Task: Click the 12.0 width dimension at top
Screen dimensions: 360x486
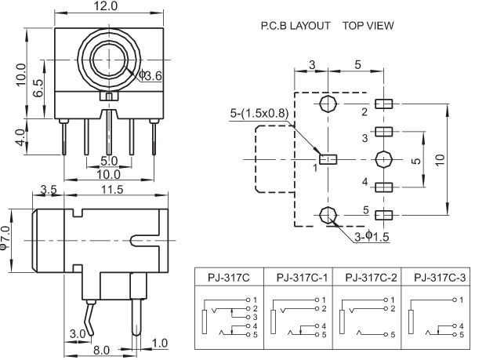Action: click(106, 6)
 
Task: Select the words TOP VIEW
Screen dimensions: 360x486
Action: click(368, 26)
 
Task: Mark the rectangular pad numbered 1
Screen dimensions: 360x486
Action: click(330, 159)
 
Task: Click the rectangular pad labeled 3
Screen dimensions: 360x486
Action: click(383, 131)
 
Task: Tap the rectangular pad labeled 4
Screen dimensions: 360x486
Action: click(383, 187)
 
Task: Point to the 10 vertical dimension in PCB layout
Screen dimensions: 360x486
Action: click(441, 158)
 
